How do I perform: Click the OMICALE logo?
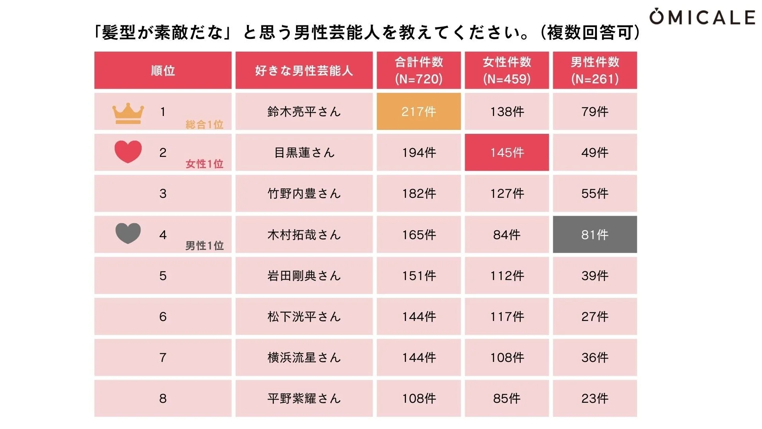click(x=702, y=17)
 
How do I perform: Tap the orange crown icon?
click(x=128, y=113)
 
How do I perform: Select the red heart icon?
click(x=128, y=151)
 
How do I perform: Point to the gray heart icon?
click(x=128, y=233)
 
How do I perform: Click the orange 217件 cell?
click(x=419, y=112)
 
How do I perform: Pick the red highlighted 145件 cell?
click(x=507, y=153)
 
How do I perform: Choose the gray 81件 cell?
click(x=595, y=235)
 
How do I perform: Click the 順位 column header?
click(x=163, y=71)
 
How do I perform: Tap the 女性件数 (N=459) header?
click(x=507, y=70)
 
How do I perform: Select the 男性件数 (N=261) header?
click(x=595, y=70)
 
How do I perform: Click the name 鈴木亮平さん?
click(x=304, y=112)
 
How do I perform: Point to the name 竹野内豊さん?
click(x=304, y=193)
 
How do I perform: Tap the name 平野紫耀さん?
click(x=304, y=398)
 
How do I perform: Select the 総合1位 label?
click(x=204, y=125)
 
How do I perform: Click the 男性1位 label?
click(x=204, y=246)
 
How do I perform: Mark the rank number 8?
click(x=163, y=398)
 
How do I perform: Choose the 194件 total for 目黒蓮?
click(x=419, y=153)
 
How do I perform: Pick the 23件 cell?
click(x=595, y=398)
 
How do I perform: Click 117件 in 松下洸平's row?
click(x=507, y=317)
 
